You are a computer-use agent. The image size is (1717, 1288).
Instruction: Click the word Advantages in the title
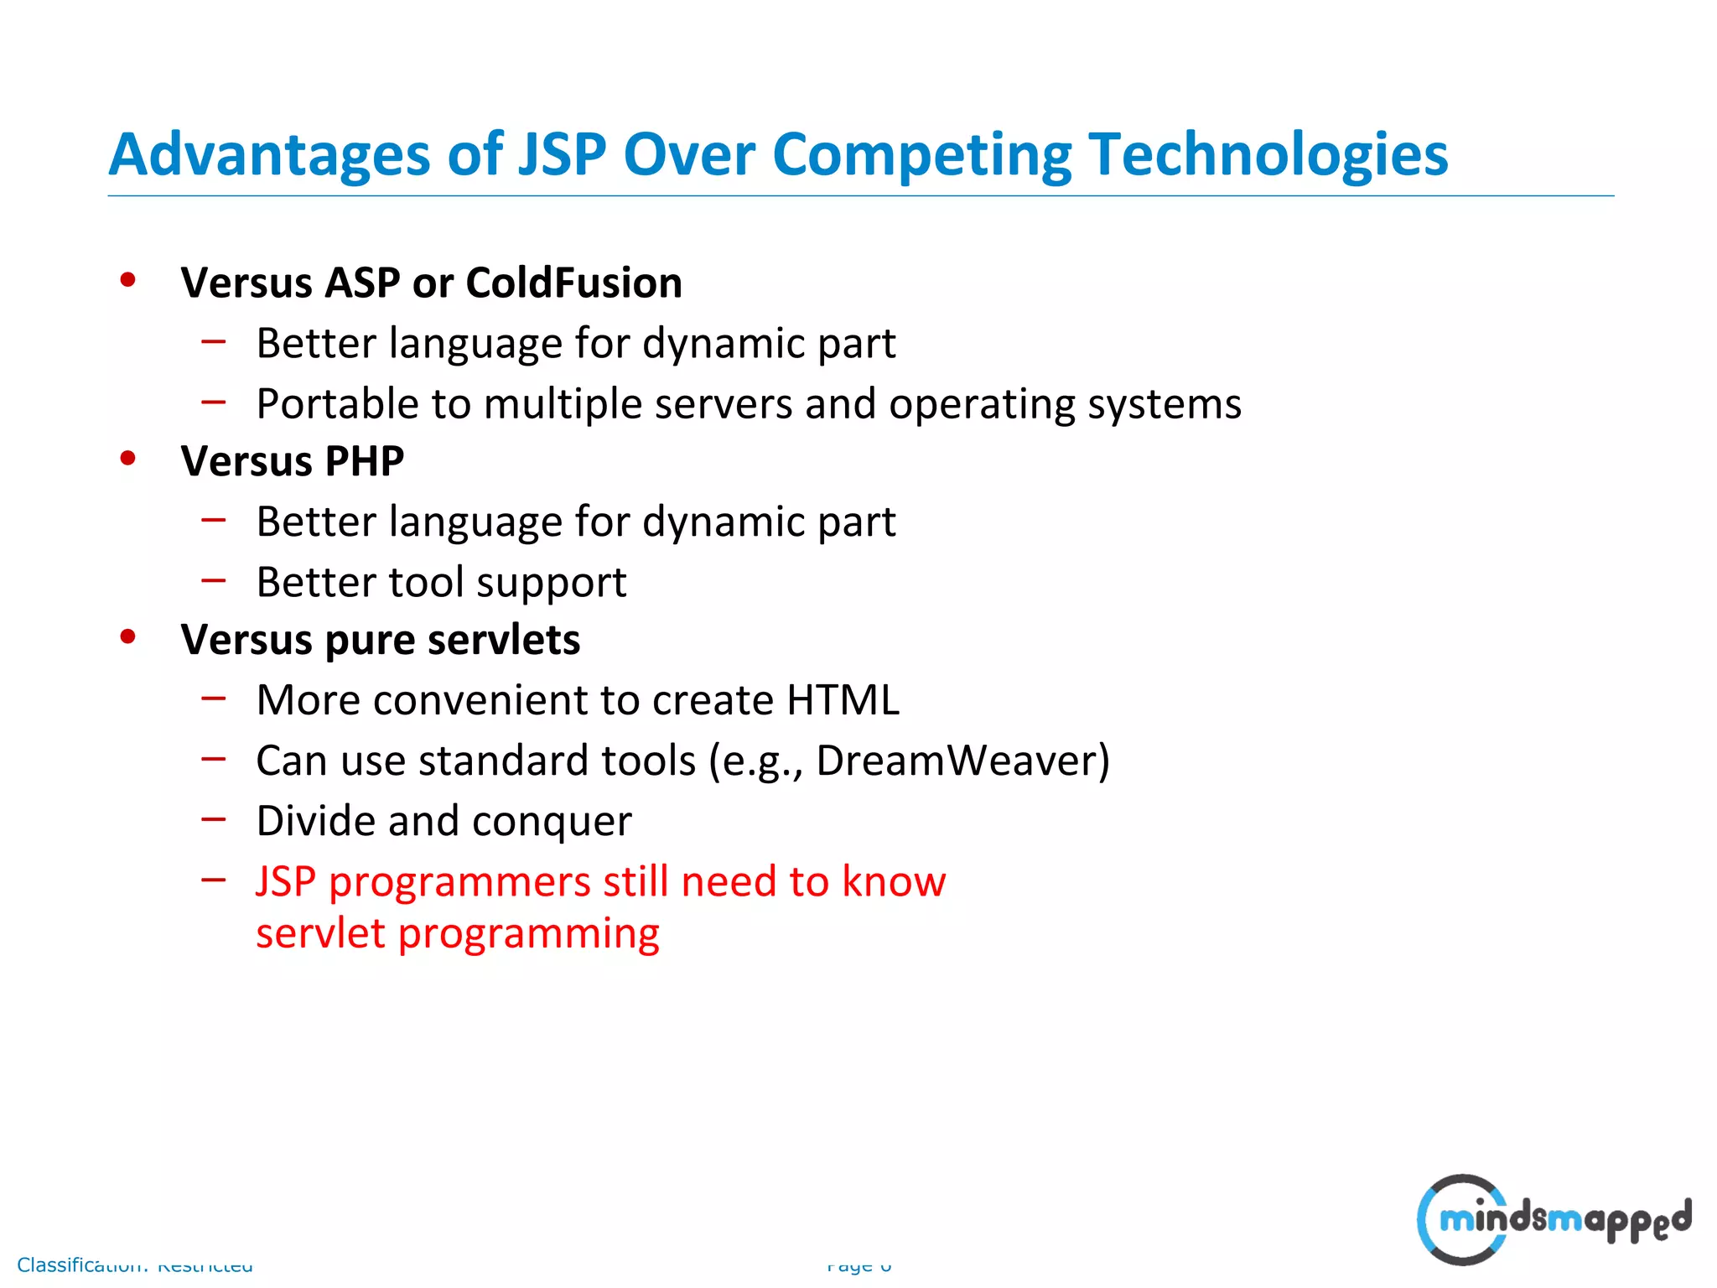click(269, 155)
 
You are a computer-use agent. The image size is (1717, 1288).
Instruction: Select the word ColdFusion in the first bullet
click(573, 283)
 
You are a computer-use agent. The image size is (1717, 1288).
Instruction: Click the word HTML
click(843, 700)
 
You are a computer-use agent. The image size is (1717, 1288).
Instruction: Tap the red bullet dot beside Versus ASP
click(127, 280)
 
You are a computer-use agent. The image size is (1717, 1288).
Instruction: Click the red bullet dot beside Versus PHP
click(127, 459)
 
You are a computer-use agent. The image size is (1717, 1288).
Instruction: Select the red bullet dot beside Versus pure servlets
click(127, 637)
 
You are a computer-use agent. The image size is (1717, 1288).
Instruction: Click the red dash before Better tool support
click(214, 579)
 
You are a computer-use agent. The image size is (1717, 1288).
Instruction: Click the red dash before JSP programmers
click(214, 879)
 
